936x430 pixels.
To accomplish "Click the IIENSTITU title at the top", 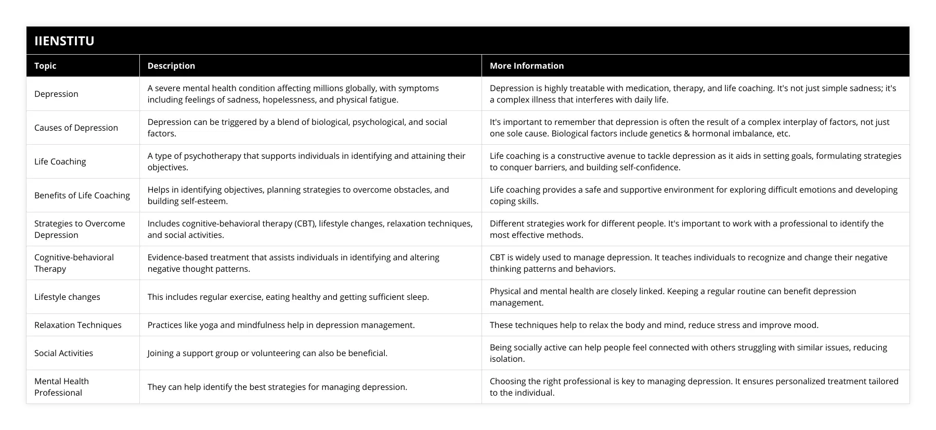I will (x=64, y=41).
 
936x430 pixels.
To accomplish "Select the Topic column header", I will (x=45, y=66).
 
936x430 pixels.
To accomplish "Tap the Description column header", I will (x=171, y=66).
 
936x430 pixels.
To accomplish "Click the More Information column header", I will (x=526, y=66).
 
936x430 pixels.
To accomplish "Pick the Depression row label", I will (x=56, y=94).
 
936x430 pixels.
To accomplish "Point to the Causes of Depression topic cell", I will (x=76, y=128).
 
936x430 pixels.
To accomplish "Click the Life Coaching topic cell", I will (x=60, y=161).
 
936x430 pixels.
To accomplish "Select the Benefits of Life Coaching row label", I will (x=82, y=195).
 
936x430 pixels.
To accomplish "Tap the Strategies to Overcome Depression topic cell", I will (x=80, y=229).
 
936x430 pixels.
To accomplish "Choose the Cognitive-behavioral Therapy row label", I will (x=74, y=263).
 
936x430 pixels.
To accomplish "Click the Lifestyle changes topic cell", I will (x=67, y=297).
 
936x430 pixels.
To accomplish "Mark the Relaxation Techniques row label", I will (x=77, y=325).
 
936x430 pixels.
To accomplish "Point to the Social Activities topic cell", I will (x=63, y=353).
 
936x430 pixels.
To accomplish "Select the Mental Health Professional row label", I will (x=61, y=387).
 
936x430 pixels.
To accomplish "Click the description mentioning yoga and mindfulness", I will (x=281, y=325).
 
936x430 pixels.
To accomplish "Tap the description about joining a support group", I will (x=267, y=353).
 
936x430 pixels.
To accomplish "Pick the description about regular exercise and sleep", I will (x=288, y=297).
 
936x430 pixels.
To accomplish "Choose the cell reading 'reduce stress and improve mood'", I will (x=654, y=325).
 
